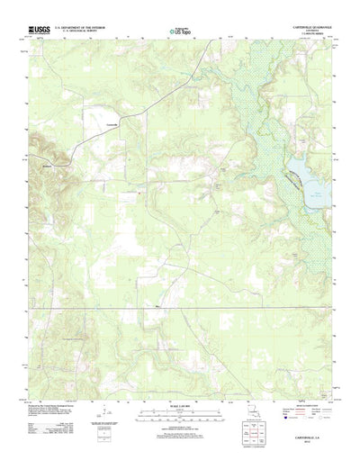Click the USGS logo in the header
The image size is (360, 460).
(x=43, y=29)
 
